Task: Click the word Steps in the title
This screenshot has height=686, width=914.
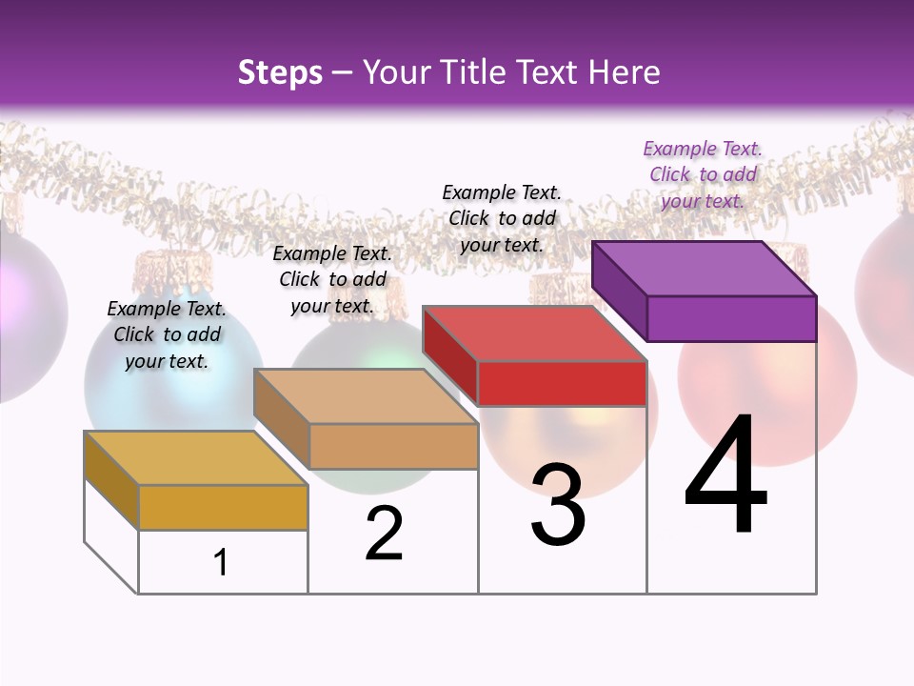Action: click(x=280, y=72)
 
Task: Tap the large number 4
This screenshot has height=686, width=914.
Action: click(x=725, y=475)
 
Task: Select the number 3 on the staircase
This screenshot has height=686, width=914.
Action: click(x=558, y=506)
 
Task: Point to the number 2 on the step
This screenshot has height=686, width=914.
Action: click(x=384, y=534)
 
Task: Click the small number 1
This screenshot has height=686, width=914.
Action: click(x=221, y=562)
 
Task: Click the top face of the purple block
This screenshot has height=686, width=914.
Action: click(x=704, y=268)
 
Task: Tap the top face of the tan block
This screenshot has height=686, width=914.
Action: click(x=366, y=395)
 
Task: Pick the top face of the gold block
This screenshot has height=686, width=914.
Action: click(x=196, y=457)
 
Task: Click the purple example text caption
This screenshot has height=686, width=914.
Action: click(x=703, y=174)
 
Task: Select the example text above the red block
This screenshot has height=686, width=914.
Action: click(x=502, y=218)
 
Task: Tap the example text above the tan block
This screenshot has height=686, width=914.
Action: click(x=332, y=279)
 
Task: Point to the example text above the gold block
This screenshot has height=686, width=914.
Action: click(x=167, y=334)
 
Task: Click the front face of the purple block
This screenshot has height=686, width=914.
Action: click(x=731, y=318)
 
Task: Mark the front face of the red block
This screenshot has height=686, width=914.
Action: click(x=562, y=383)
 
